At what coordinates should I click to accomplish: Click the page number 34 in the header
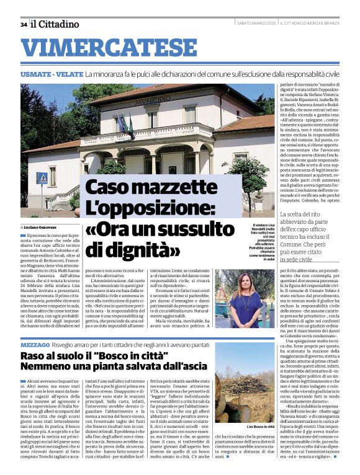point(24,24)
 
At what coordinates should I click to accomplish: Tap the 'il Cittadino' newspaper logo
point(55,24)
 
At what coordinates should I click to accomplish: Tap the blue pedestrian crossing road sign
point(42,178)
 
